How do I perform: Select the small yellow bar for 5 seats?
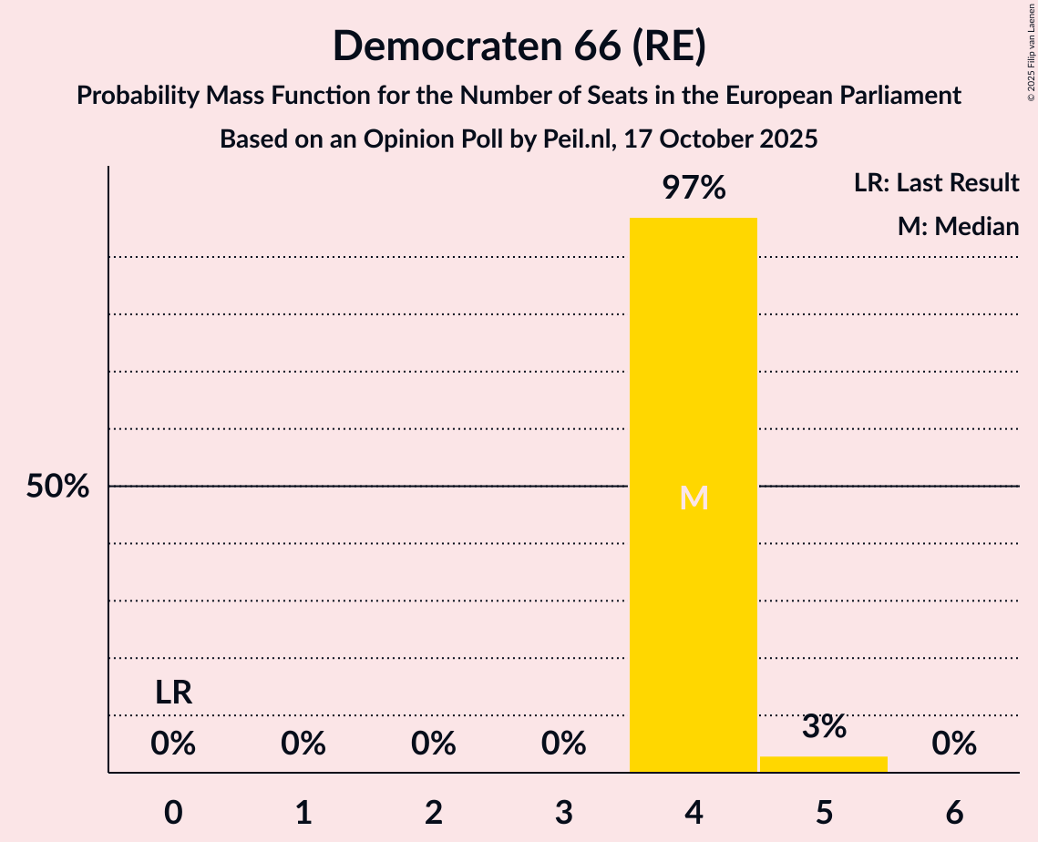coord(824,764)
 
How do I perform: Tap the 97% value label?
coord(694,189)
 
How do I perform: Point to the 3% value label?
coord(824,727)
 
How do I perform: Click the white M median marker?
coord(694,498)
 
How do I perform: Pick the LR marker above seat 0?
coord(173,693)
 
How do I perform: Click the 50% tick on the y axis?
coord(57,487)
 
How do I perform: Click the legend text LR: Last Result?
coord(936,183)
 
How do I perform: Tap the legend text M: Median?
coord(958,226)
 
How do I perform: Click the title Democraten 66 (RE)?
coord(519,46)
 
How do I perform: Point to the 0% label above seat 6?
coord(954,744)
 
